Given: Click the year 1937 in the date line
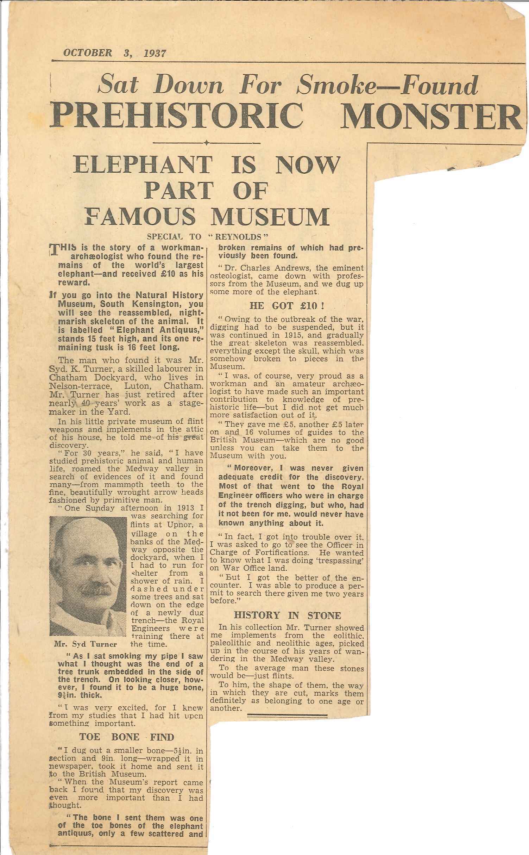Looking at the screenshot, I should (155, 54).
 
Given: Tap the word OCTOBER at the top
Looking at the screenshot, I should (88, 53).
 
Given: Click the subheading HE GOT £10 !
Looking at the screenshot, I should (286, 306).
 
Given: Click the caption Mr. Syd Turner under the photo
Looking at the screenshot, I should (86, 644).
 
